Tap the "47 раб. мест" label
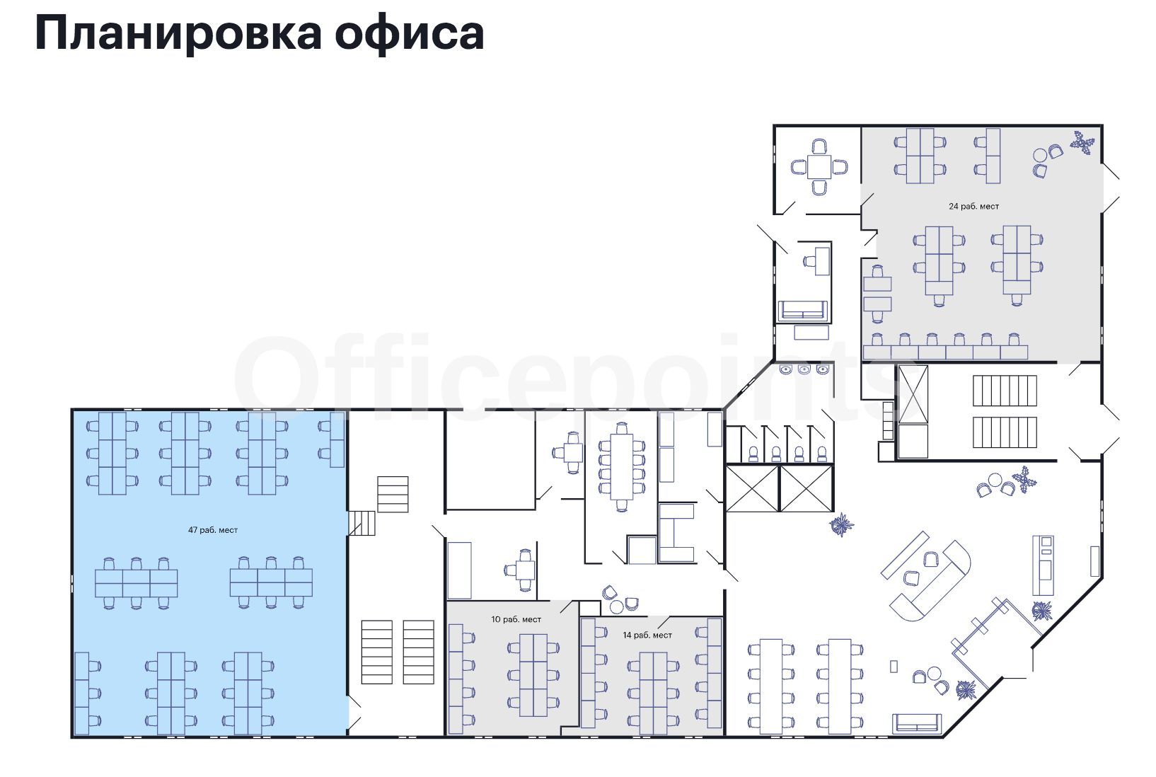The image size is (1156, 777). [x=213, y=530]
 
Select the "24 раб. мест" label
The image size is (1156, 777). [x=973, y=207]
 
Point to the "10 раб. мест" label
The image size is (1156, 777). [x=516, y=619]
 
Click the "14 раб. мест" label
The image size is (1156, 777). [x=647, y=635]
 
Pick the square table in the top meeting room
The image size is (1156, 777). [x=819, y=167]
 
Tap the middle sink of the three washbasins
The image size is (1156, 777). [x=804, y=369]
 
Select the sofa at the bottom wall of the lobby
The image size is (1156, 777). [x=917, y=723]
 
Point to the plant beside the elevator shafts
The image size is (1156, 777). [x=841, y=525]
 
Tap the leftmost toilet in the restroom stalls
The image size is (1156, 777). [x=753, y=454]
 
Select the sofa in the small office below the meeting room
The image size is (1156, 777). [x=802, y=310]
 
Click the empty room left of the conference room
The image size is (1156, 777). [x=490, y=459]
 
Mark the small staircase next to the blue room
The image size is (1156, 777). [x=362, y=523]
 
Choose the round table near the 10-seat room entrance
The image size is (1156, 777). [x=617, y=607]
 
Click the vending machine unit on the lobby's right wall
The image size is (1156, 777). [x=1043, y=566]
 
